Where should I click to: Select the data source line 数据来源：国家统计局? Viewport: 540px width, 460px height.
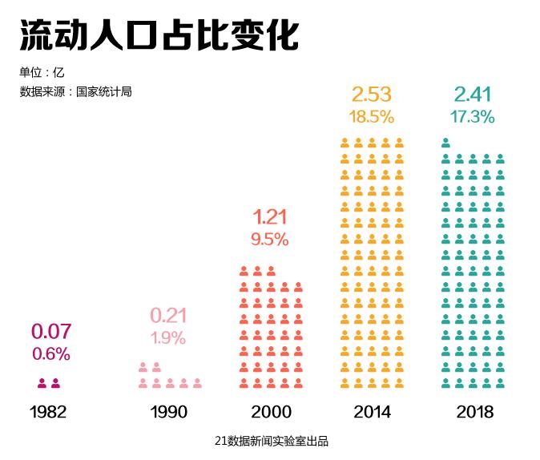pos(75,91)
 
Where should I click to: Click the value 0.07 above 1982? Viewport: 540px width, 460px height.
pos(51,331)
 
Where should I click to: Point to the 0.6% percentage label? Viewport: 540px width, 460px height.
pos(51,353)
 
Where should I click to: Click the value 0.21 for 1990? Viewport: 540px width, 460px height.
pos(168,315)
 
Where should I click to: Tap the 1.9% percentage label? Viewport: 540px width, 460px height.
pos(168,337)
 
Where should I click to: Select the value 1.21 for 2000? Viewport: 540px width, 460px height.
pos(270,216)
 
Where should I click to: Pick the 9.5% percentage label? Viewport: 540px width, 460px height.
pos(270,239)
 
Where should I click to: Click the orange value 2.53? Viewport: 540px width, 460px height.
pos(371,94)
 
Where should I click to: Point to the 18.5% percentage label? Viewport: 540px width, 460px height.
pos(371,116)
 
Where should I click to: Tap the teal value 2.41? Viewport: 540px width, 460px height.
pos(472,94)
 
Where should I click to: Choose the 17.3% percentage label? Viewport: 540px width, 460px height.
pos(472,116)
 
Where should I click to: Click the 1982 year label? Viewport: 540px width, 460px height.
pos(48,412)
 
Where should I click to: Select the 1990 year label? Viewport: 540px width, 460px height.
pos(168,412)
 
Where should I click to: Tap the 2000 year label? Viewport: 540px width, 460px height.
pos(271,412)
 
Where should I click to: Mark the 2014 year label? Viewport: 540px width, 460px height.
pos(372,412)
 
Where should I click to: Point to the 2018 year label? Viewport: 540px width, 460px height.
pos(474,412)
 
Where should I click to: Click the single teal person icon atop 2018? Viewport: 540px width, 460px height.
pos(445,143)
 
